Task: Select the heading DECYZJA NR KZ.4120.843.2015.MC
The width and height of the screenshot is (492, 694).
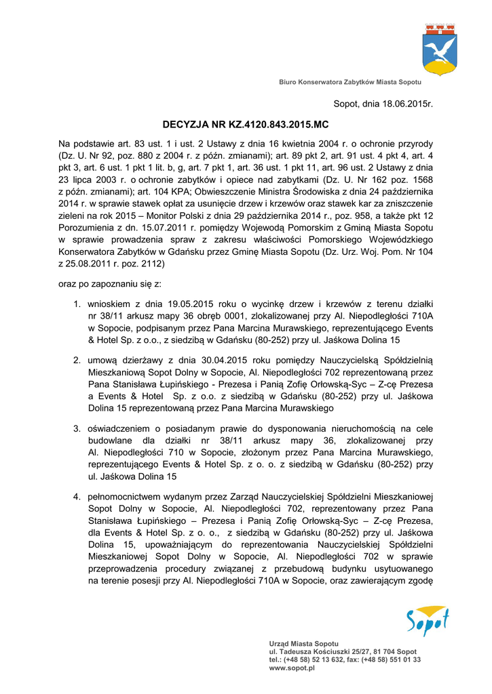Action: click(x=245, y=125)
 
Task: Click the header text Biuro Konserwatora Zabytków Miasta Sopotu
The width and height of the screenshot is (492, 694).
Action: click(x=350, y=82)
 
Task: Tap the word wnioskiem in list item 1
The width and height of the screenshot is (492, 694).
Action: click(x=110, y=303)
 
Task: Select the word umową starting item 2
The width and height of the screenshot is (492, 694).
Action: click(x=105, y=359)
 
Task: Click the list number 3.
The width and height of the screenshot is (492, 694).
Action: click(x=77, y=428)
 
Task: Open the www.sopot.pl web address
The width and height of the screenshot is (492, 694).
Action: click(x=292, y=668)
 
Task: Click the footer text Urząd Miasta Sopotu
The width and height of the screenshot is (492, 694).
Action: click(x=303, y=643)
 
